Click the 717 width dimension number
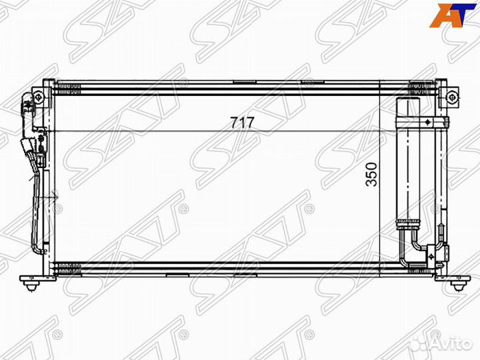(x=241, y=123)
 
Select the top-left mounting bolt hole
(x=39, y=98)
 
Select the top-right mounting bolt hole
(x=453, y=97)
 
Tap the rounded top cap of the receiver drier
(x=406, y=104)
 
